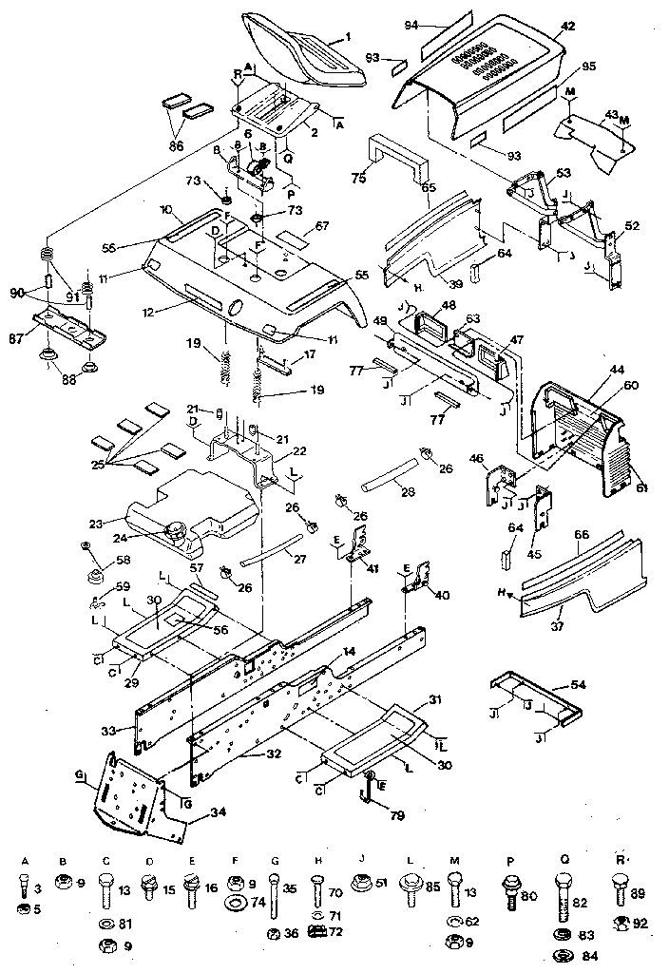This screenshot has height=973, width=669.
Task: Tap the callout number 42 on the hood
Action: [x=567, y=28]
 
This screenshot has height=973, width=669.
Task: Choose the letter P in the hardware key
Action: [x=509, y=860]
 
